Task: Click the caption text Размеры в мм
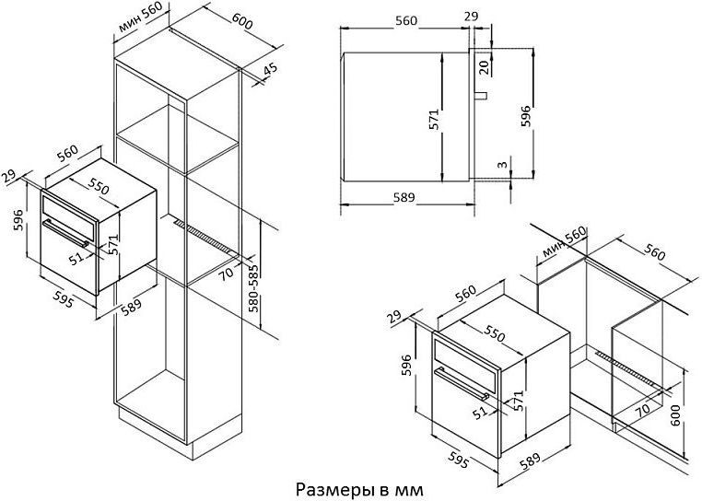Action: tap(359, 489)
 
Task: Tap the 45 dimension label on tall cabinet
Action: tap(270, 69)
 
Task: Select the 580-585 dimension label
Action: tap(253, 288)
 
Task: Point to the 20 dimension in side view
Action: tap(483, 67)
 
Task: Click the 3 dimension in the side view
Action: tap(503, 164)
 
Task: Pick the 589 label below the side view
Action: tap(404, 197)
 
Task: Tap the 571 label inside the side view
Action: tap(434, 120)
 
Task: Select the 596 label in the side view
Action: tap(525, 116)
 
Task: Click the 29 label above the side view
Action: tap(471, 17)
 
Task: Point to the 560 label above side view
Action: tap(406, 20)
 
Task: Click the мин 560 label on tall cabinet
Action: tap(140, 17)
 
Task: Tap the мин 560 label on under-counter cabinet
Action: tap(564, 242)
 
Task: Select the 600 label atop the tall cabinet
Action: tap(241, 20)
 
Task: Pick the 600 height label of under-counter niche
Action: tap(674, 415)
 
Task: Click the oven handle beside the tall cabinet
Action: tap(65, 233)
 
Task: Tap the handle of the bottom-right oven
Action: tap(462, 383)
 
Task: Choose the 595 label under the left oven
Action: tap(64, 299)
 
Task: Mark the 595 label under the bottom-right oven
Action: tap(458, 460)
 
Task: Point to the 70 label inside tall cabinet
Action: tap(227, 274)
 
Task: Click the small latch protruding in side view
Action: tap(481, 96)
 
